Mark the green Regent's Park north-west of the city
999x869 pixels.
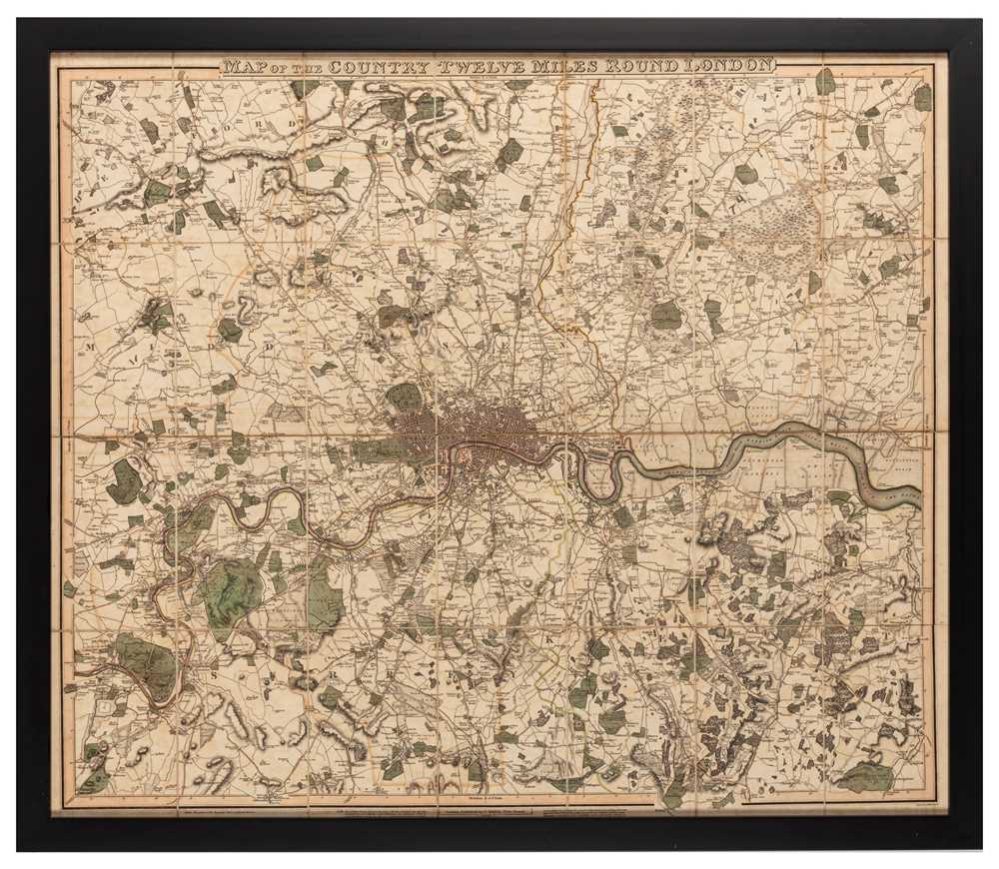click(404, 397)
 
